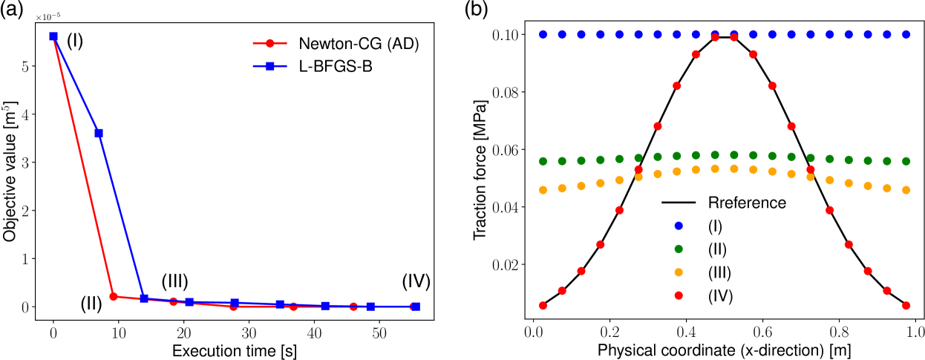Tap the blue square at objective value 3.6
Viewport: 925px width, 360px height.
(99, 133)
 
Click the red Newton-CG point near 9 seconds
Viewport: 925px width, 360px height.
(113, 296)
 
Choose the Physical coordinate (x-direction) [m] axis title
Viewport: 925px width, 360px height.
(724, 347)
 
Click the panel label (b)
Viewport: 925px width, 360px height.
(476, 11)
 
